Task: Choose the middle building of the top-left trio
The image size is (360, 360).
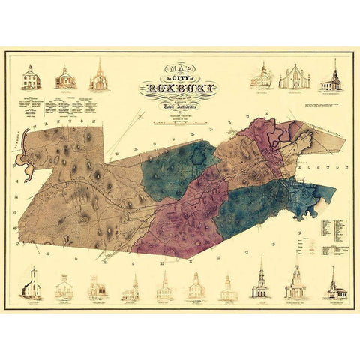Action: (x=64, y=77)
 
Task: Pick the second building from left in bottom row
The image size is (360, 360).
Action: (x=65, y=286)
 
